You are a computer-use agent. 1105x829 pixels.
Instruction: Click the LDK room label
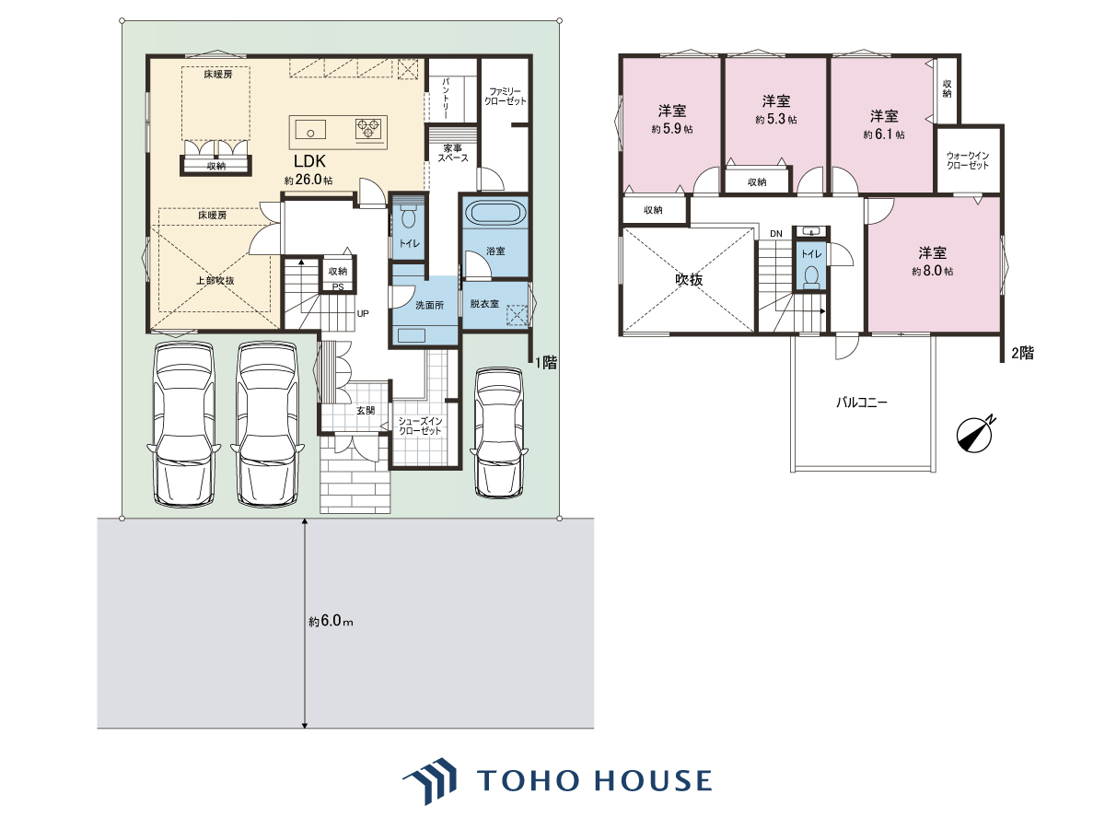coord(309,161)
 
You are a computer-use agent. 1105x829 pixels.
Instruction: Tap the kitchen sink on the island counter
coord(310,129)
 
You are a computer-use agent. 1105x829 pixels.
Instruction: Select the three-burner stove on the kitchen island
coord(368,128)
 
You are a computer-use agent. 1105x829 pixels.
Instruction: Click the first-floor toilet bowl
coord(408,218)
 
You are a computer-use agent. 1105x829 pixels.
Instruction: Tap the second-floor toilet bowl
coord(811,277)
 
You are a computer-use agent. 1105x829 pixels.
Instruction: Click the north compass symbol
coord(975,433)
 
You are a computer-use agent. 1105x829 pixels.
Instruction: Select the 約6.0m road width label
coord(331,621)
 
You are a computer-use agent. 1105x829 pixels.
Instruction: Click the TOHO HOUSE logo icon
coord(429,781)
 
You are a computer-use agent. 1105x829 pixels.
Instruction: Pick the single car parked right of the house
coord(499,433)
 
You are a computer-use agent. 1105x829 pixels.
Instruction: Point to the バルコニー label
coord(862,403)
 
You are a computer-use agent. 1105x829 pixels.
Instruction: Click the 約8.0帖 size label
coord(932,271)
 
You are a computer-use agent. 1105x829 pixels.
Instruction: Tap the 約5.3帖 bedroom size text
coord(775,120)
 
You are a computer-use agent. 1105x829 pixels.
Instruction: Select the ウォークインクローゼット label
coord(968,160)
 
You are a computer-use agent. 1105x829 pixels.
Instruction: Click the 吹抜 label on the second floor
coord(689,280)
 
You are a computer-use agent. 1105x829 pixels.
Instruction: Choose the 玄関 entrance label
coord(366,410)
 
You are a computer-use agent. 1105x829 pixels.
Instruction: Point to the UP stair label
coord(363,313)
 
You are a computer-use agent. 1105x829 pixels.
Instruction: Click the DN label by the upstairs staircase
coord(775,234)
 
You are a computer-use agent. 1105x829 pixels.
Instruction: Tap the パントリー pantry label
coord(446,99)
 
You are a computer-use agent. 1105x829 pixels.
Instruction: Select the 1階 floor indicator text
coord(546,362)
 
